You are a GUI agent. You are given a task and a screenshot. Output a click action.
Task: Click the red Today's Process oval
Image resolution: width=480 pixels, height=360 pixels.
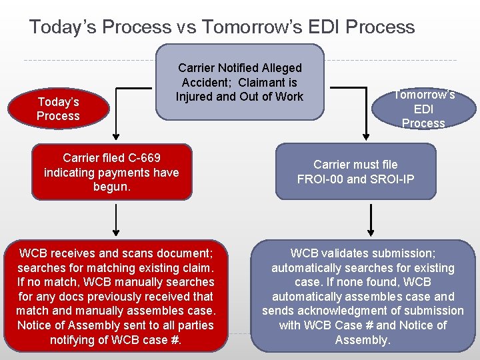tap(58, 109)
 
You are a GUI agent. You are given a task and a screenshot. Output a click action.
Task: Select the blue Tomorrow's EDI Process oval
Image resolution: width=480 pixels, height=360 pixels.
tap(423, 109)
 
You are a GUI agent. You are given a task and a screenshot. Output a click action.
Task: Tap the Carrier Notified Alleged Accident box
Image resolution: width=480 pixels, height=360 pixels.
tap(239, 82)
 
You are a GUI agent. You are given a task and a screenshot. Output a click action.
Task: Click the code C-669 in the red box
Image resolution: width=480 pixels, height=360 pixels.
tap(139, 158)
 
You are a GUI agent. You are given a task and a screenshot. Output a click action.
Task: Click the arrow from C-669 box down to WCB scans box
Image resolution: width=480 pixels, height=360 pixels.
tap(117, 220)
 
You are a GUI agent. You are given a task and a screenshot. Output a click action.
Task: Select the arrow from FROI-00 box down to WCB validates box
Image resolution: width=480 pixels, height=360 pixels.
tap(371, 220)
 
